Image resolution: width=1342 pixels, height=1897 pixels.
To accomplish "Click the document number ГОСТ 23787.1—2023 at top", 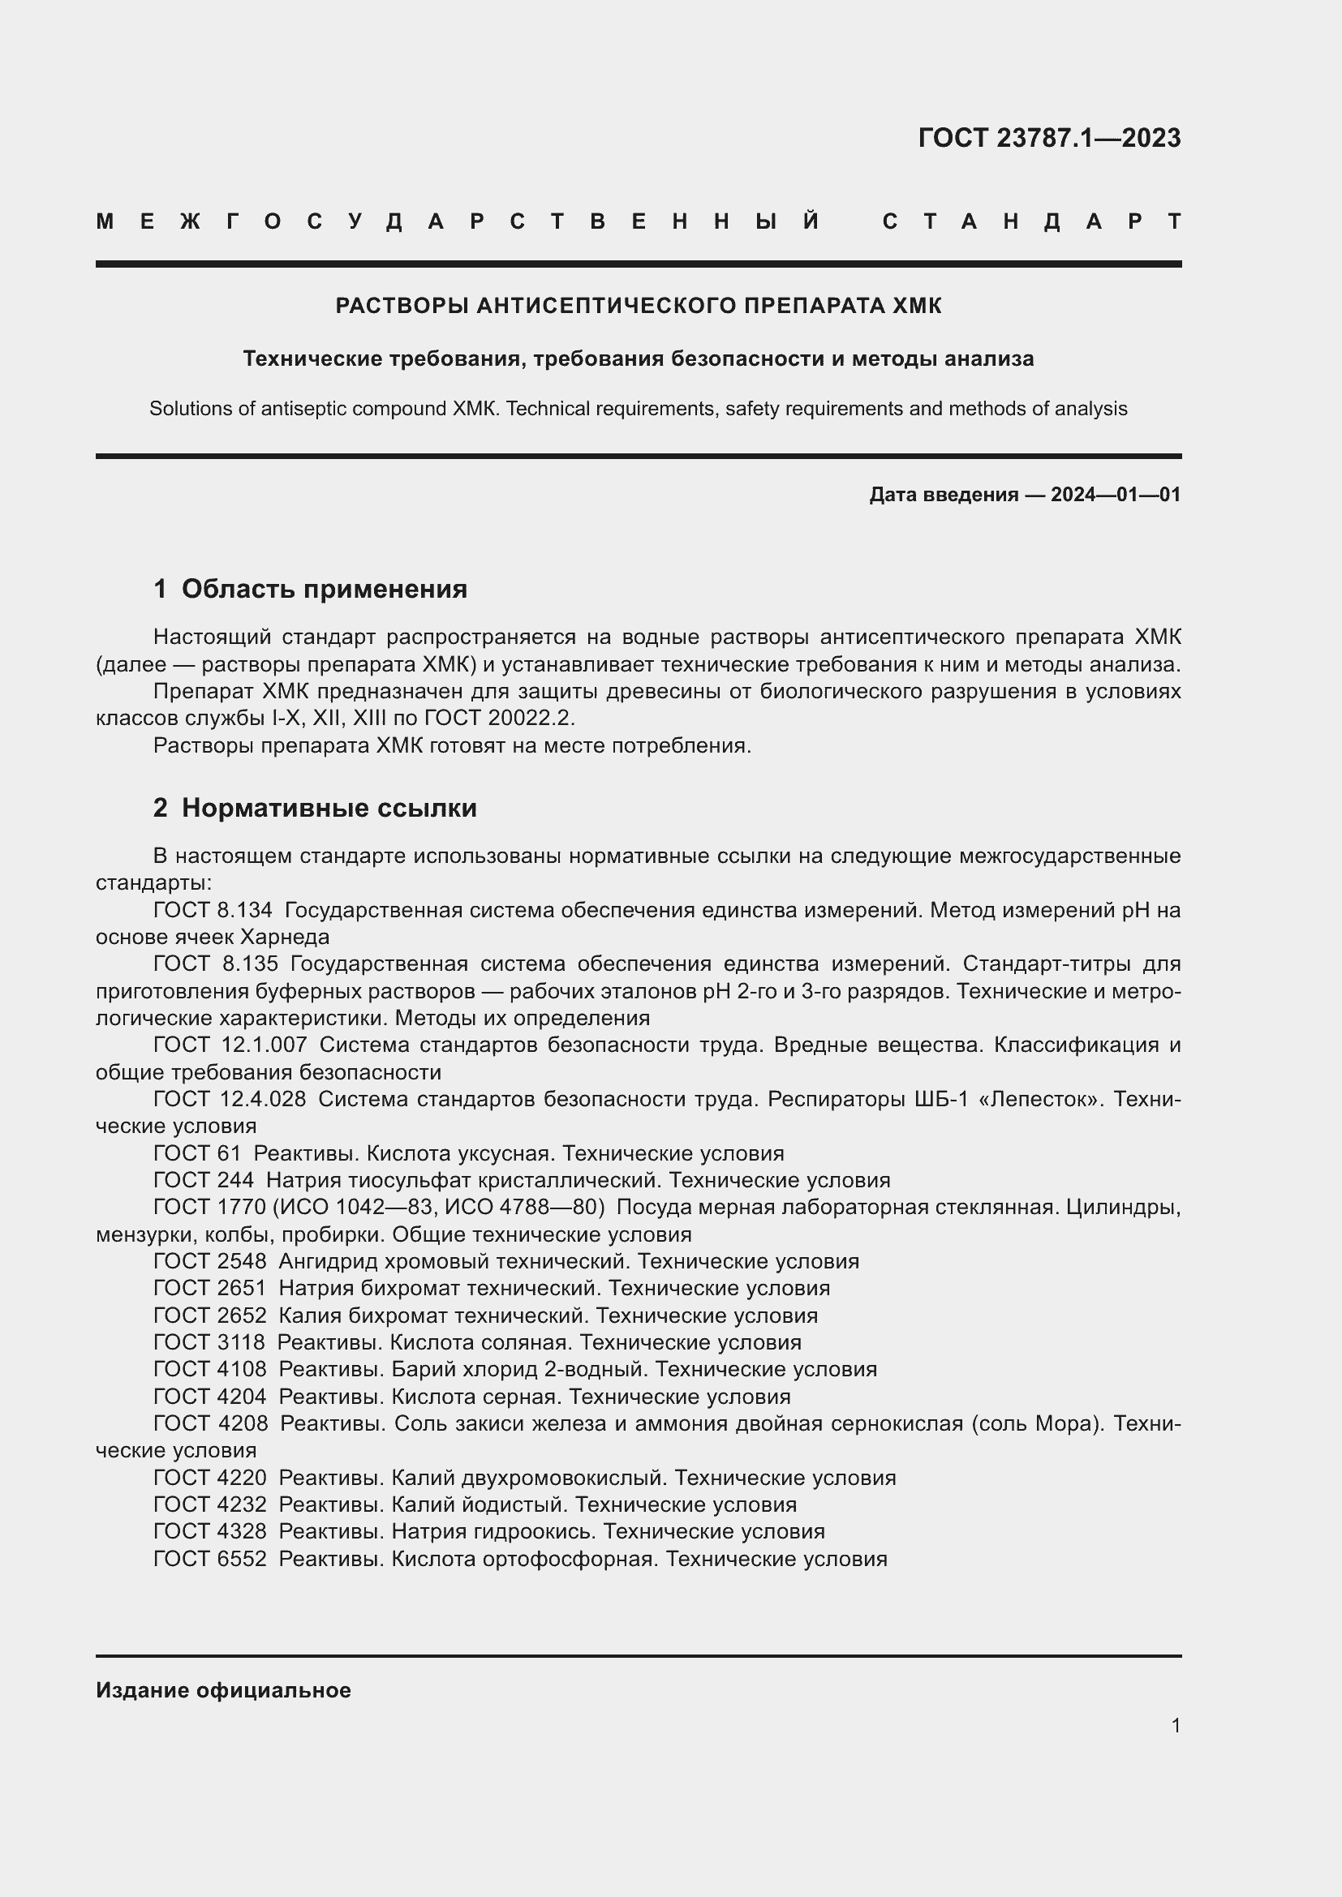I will [1048, 138].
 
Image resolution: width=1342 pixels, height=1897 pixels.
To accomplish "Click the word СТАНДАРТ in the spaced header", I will [1031, 222].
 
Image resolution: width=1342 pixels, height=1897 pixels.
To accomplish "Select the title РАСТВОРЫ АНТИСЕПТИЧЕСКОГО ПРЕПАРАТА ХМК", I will [638, 307].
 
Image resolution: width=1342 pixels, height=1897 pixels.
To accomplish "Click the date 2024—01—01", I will [1115, 495].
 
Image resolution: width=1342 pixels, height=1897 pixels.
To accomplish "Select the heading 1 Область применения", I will [311, 589].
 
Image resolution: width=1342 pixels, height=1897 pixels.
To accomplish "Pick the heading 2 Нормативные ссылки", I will [315, 808].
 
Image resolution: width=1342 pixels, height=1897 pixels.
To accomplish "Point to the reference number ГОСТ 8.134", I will [213, 911].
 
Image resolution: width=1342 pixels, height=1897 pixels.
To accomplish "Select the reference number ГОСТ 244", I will [204, 1181].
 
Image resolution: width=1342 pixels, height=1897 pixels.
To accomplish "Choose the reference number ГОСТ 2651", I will [210, 1288].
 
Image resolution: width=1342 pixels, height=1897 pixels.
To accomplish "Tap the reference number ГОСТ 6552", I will [210, 1559].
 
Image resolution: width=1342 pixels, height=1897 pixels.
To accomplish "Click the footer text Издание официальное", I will [223, 1690].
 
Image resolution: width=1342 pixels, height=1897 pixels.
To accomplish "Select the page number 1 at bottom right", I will [1175, 1726].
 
